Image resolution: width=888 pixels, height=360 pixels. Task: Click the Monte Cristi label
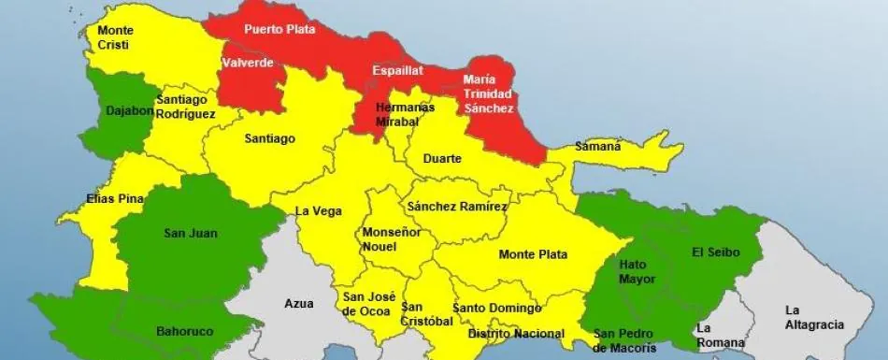pyautogui.click(x=115, y=37)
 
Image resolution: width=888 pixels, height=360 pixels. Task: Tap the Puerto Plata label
pyautogui.click(x=279, y=29)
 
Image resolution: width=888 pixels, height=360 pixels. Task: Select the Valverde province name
pyautogui.click(x=248, y=64)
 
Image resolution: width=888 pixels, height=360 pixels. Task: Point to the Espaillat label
pyautogui.click(x=397, y=70)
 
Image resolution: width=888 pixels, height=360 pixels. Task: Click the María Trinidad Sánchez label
pyautogui.click(x=488, y=94)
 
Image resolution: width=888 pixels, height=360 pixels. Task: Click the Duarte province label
pyautogui.click(x=442, y=159)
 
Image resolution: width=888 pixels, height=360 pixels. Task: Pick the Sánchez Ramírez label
pyautogui.click(x=457, y=207)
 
